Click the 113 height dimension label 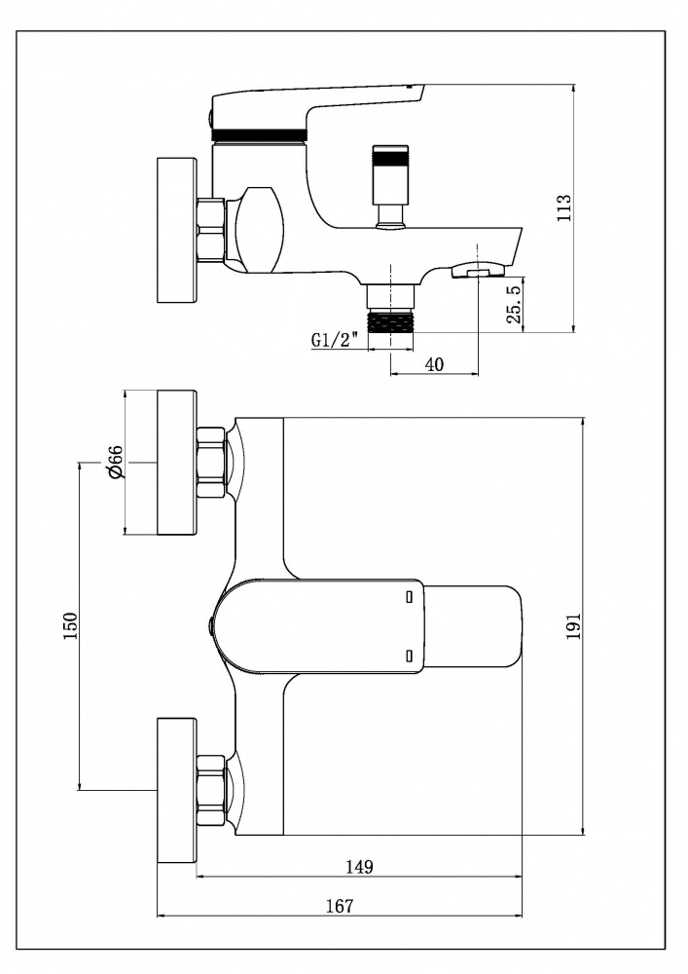563,209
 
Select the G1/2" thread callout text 337,340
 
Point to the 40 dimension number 435,363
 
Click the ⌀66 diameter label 115,461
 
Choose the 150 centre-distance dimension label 69,626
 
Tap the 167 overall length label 339,906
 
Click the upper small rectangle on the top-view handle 410,593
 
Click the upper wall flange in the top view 177,463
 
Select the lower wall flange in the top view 177,790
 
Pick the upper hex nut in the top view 212,462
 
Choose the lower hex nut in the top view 212,790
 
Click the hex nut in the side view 211,229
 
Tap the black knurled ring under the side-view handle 260,134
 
